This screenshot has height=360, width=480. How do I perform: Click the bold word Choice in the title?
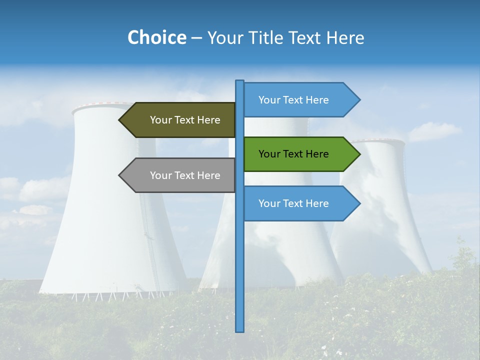click(156, 37)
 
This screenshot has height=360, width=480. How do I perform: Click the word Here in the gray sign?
click(209, 175)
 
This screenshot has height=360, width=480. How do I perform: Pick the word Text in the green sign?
click(293, 154)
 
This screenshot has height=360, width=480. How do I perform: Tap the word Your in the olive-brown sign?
click(160, 120)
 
